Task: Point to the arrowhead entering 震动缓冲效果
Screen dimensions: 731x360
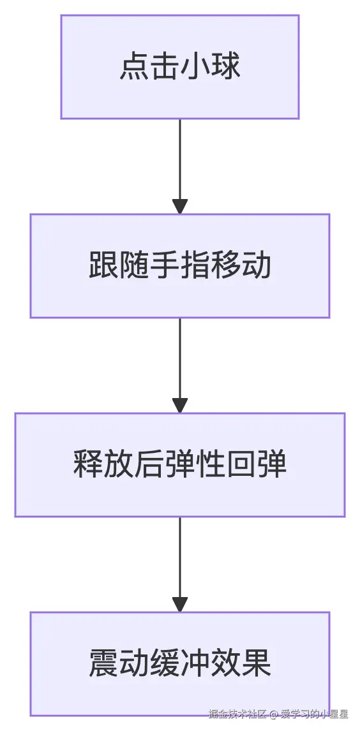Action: [180, 603]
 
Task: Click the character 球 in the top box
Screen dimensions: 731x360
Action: [225, 67]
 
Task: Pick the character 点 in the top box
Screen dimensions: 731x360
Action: [134, 67]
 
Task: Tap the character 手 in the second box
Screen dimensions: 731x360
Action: [165, 266]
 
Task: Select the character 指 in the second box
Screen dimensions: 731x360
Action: [195, 266]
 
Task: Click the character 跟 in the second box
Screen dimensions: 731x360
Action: [103, 266]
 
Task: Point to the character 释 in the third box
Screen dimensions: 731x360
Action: [88, 465]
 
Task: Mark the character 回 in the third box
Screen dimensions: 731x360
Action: [241, 465]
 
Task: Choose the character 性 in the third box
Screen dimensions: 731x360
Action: [211, 465]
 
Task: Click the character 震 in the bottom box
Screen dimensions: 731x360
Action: [103, 664]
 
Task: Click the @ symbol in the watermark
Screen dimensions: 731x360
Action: [273, 714]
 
